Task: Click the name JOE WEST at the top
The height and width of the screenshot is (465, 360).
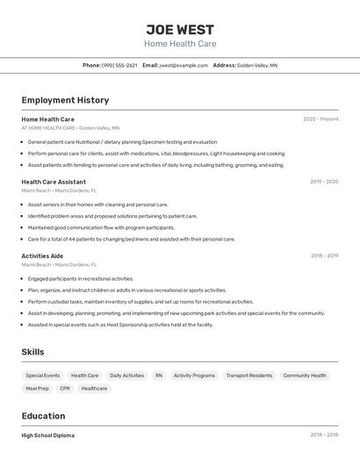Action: (180, 29)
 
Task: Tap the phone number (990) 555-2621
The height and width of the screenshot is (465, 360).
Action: (119, 65)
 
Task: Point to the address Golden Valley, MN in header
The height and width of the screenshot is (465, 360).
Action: (257, 65)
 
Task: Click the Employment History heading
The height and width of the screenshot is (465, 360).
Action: (65, 100)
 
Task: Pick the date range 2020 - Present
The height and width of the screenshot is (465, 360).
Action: (320, 119)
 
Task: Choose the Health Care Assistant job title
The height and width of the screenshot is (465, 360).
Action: (54, 182)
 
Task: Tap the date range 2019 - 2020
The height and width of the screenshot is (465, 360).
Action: (324, 182)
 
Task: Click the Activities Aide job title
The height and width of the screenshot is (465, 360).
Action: (42, 256)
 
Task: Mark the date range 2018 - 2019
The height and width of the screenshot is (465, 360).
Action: (324, 256)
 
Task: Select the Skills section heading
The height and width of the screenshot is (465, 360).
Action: (33, 352)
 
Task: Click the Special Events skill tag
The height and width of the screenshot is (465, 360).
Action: (42, 376)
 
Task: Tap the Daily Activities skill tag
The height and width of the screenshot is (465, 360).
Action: (127, 376)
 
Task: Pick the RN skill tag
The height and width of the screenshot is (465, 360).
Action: (159, 376)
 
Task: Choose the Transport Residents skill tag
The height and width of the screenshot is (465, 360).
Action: (249, 376)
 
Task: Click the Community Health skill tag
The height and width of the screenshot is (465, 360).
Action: (305, 376)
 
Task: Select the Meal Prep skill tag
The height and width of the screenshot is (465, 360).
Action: (38, 388)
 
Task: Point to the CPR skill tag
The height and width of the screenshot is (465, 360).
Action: (65, 388)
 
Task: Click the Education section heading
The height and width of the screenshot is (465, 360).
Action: (43, 416)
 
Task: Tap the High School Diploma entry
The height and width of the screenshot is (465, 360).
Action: (48, 435)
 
